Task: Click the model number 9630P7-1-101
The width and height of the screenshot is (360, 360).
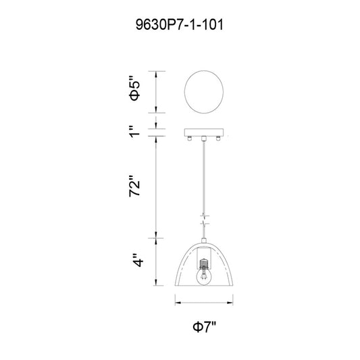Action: click(x=179, y=24)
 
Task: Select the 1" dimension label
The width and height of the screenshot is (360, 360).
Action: click(x=134, y=132)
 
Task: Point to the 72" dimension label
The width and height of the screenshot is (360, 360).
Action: click(x=134, y=186)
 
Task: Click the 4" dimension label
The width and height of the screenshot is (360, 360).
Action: click(x=138, y=260)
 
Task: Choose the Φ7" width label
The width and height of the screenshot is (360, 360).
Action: click(x=205, y=327)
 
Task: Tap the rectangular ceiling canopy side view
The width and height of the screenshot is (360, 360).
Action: click(x=204, y=132)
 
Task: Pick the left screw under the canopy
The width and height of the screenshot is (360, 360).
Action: click(x=189, y=138)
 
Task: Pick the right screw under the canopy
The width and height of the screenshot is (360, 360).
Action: click(x=218, y=138)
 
